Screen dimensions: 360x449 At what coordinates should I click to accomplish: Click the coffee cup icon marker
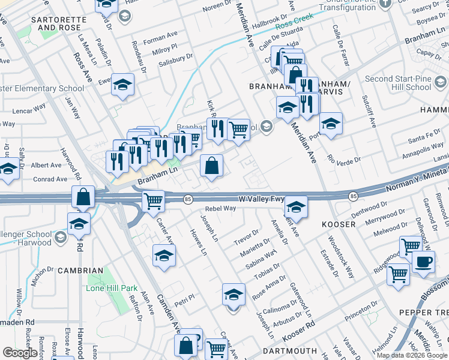(x=424, y=262)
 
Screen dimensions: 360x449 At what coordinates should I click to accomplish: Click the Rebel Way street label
(x=220, y=209)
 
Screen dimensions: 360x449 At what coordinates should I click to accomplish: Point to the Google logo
(x=20, y=353)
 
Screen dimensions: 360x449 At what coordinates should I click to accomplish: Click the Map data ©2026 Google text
(x=412, y=355)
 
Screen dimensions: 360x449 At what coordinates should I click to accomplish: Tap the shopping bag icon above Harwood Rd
(x=83, y=196)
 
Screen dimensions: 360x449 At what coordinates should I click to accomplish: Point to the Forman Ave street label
(x=163, y=38)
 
